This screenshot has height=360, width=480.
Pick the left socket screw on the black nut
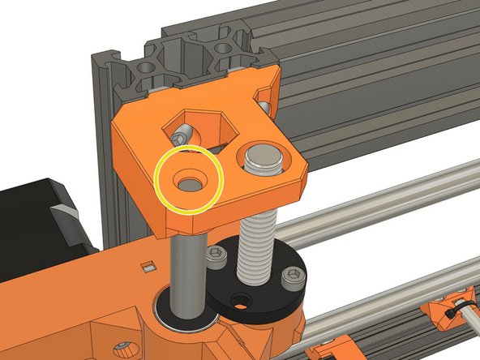(x=216, y=257)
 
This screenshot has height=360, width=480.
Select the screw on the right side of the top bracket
(x=264, y=105)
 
